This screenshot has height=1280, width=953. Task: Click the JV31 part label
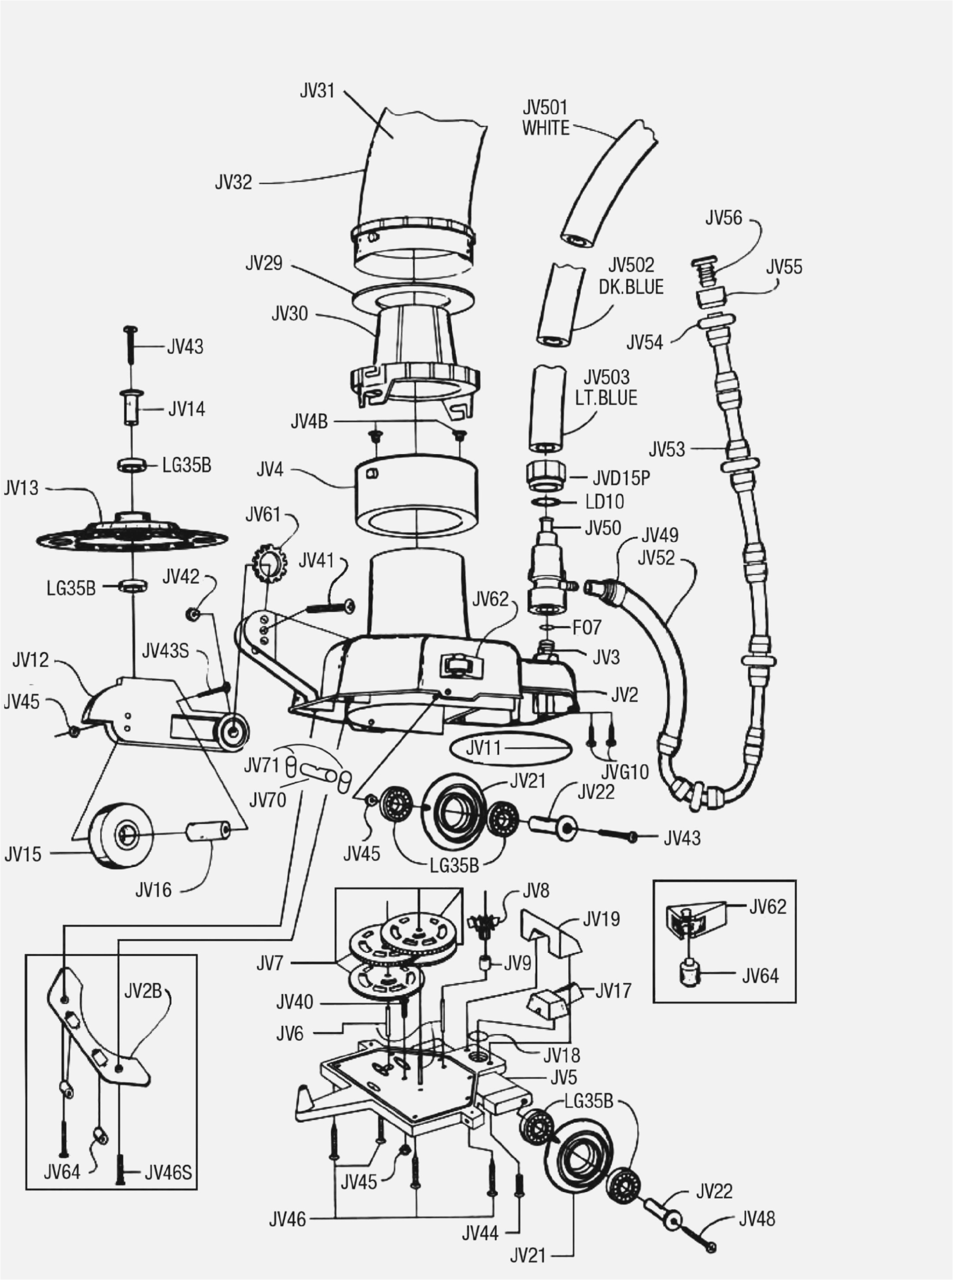317,91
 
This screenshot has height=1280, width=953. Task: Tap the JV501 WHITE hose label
545,118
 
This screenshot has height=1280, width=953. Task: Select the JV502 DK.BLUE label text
631,277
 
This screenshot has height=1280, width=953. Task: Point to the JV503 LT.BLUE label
606,387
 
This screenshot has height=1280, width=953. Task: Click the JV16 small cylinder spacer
208,832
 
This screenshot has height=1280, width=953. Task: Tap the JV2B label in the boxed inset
143,991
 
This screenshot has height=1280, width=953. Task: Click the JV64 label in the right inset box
760,976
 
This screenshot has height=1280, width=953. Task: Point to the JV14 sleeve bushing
132,408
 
